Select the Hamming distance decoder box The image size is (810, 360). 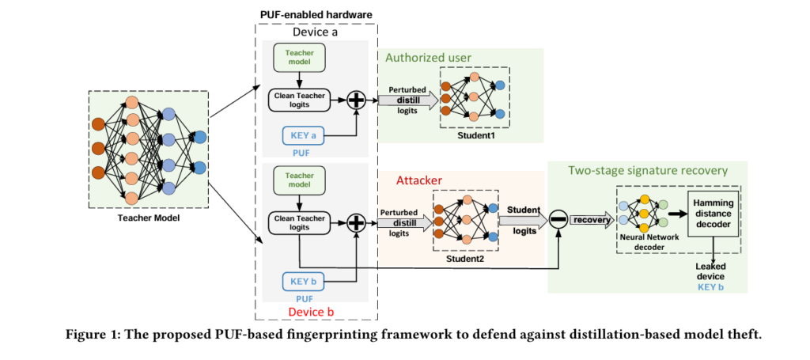click(x=715, y=213)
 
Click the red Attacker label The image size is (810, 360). click(x=418, y=180)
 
